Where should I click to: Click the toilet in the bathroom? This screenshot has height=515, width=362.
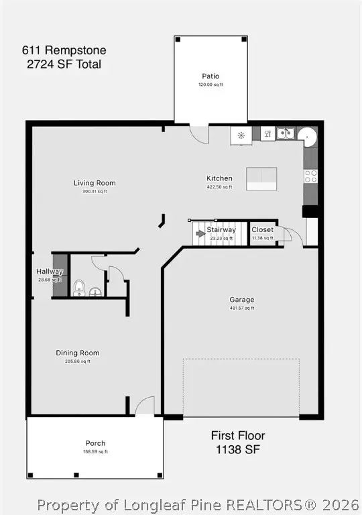79,288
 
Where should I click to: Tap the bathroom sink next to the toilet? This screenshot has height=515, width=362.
95,291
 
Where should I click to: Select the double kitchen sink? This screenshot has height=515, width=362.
285,133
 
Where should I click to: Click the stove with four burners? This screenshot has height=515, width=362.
310,176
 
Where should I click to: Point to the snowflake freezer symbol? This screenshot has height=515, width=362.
241,135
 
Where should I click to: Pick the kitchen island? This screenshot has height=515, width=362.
261,176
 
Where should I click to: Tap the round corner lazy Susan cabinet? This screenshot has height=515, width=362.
308,136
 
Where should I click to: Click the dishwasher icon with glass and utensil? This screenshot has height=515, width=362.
266,134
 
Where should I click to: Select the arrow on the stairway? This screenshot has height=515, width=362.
200,233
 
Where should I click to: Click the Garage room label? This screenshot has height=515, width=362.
241,300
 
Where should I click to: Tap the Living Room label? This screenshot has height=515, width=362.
95,183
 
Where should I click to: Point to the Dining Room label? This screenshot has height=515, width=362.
77,353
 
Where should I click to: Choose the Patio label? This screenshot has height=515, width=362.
210,76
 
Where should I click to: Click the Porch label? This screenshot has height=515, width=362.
95,443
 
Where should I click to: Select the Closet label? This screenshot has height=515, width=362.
262,230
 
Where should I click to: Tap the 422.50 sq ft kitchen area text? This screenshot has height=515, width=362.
219,187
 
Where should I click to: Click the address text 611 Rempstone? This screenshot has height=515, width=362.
64,50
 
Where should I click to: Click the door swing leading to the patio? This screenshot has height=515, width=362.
199,133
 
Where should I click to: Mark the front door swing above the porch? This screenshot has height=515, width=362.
145,406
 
